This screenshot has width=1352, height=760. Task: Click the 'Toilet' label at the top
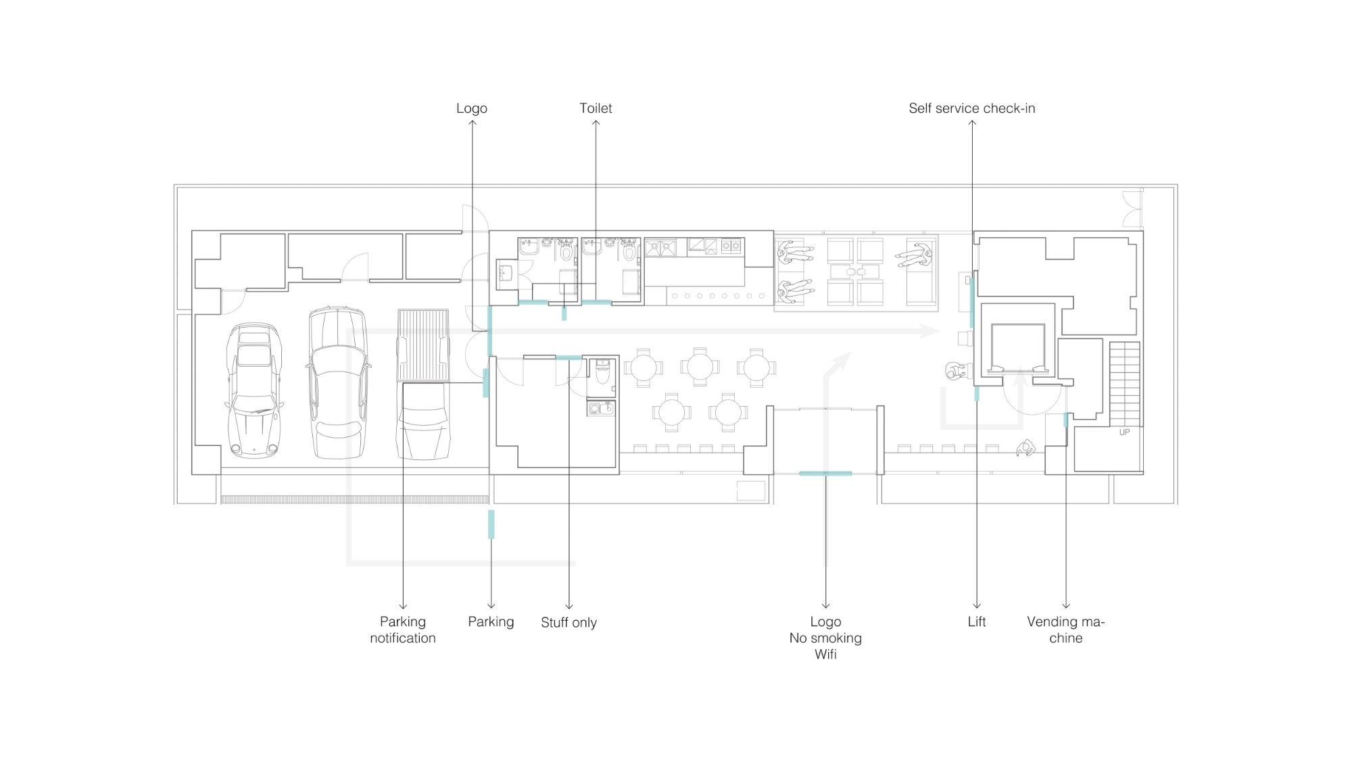(596, 108)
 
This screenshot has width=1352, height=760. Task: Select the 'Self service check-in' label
(971, 108)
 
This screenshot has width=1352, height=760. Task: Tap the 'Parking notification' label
(403, 630)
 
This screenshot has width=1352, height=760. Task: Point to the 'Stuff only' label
(569, 622)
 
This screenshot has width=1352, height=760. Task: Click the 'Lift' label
(977, 622)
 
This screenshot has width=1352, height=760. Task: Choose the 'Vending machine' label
(1065, 630)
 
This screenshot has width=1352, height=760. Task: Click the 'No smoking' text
(825, 638)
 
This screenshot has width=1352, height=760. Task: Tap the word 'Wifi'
(825, 654)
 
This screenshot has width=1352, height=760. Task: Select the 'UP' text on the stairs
(1124, 432)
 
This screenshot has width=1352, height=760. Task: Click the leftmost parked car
(254, 390)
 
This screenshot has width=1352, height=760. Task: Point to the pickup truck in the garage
(423, 384)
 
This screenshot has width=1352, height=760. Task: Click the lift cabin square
(1018, 347)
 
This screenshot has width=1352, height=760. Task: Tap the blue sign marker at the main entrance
(825, 474)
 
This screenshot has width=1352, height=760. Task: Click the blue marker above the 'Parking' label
(491, 524)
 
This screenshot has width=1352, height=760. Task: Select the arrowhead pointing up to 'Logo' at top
(472, 123)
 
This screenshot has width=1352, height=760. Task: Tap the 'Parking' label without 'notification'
(491, 622)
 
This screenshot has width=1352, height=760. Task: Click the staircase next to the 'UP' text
(1125, 384)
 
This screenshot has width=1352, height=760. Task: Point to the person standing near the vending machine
(1026, 448)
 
